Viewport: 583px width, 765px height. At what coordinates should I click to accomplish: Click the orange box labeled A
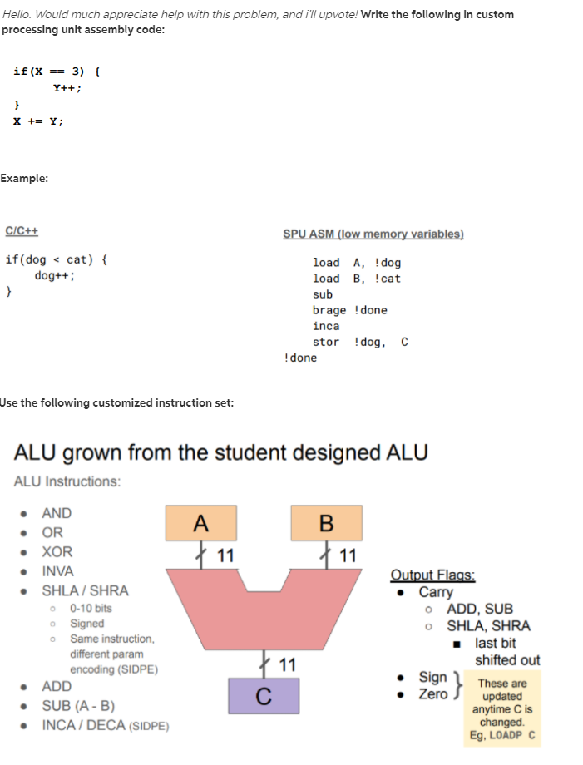coord(200,523)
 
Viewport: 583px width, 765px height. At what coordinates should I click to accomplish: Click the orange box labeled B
coord(326,523)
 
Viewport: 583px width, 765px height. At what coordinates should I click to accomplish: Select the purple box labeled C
coord(264,696)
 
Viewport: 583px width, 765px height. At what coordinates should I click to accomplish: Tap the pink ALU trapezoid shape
coord(263,608)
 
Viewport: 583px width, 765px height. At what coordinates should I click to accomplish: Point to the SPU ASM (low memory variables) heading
coord(373,234)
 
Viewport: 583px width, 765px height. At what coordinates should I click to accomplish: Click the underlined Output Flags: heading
coord(433,575)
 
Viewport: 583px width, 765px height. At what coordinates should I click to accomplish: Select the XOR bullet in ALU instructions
coord(57,552)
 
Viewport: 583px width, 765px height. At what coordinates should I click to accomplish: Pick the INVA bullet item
coord(57,571)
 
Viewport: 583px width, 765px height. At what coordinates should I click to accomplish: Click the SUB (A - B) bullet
coord(78,706)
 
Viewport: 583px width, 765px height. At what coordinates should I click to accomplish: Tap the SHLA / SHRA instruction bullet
coord(85,591)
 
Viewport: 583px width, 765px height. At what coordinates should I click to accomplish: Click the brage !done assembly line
coord(349,310)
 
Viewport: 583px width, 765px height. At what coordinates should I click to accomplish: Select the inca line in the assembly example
coord(326,326)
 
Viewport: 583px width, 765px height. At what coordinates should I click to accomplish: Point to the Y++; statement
coord(67,87)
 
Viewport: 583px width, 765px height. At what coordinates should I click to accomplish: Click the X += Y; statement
coord(37,121)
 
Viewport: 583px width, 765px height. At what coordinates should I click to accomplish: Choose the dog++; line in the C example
coord(55,276)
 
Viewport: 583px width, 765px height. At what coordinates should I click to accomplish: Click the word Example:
coord(24,178)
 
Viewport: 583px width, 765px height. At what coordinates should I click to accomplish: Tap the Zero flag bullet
coord(432,693)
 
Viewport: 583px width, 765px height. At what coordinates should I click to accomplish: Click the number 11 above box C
coord(288,664)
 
